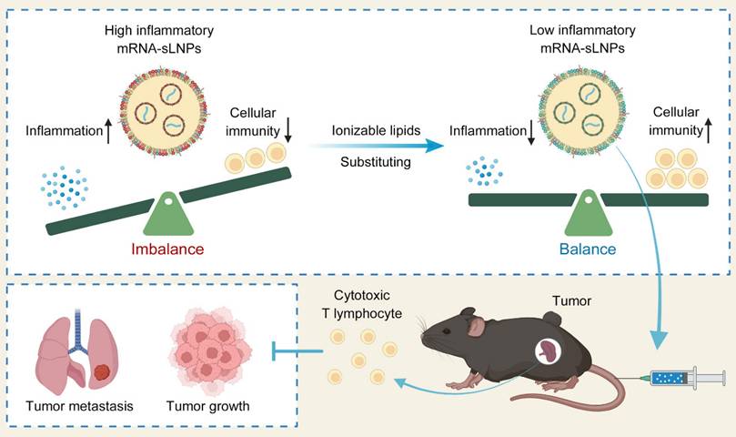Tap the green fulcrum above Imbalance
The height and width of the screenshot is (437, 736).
[x=168, y=215]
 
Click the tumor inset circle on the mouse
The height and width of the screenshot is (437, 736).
[x=549, y=352]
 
